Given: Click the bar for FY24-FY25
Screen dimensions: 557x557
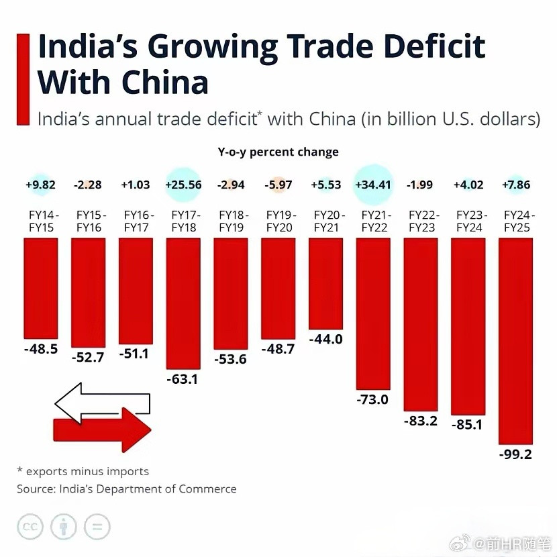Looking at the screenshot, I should click(x=515, y=340).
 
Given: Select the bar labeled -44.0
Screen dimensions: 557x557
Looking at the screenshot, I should click(x=325, y=283).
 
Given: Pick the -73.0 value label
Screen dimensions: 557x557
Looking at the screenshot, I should click(x=373, y=400).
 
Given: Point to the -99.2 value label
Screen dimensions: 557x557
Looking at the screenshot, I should click(x=515, y=454).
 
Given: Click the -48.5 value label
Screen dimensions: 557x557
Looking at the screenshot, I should click(x=40, y=349).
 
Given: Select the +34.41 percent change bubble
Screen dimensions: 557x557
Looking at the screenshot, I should click(x=372, y=185).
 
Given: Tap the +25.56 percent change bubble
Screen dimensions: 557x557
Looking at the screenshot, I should click(x=183, y=185).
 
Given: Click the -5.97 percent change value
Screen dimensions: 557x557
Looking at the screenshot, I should click(x=278, y=185).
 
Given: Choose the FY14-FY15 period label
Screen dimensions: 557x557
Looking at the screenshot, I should click(x=40, y=221).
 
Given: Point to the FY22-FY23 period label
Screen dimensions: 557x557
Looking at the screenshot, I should click(x=421, y=221).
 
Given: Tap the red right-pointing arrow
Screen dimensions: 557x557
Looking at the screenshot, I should click(x=104, y=430).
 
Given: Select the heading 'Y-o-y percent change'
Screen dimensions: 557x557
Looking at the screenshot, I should click(x=278, y=152).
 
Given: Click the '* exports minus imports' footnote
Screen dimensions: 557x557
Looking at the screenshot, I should click(x=83, y=471).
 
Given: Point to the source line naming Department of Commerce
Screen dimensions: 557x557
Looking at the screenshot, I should click(x=127, y=489).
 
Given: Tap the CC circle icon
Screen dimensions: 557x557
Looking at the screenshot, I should click(x=30, y=527).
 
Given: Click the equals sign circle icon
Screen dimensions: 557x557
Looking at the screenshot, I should click(x=97, y=527).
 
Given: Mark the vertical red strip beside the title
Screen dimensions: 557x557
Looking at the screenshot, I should click(x=22, y=79).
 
